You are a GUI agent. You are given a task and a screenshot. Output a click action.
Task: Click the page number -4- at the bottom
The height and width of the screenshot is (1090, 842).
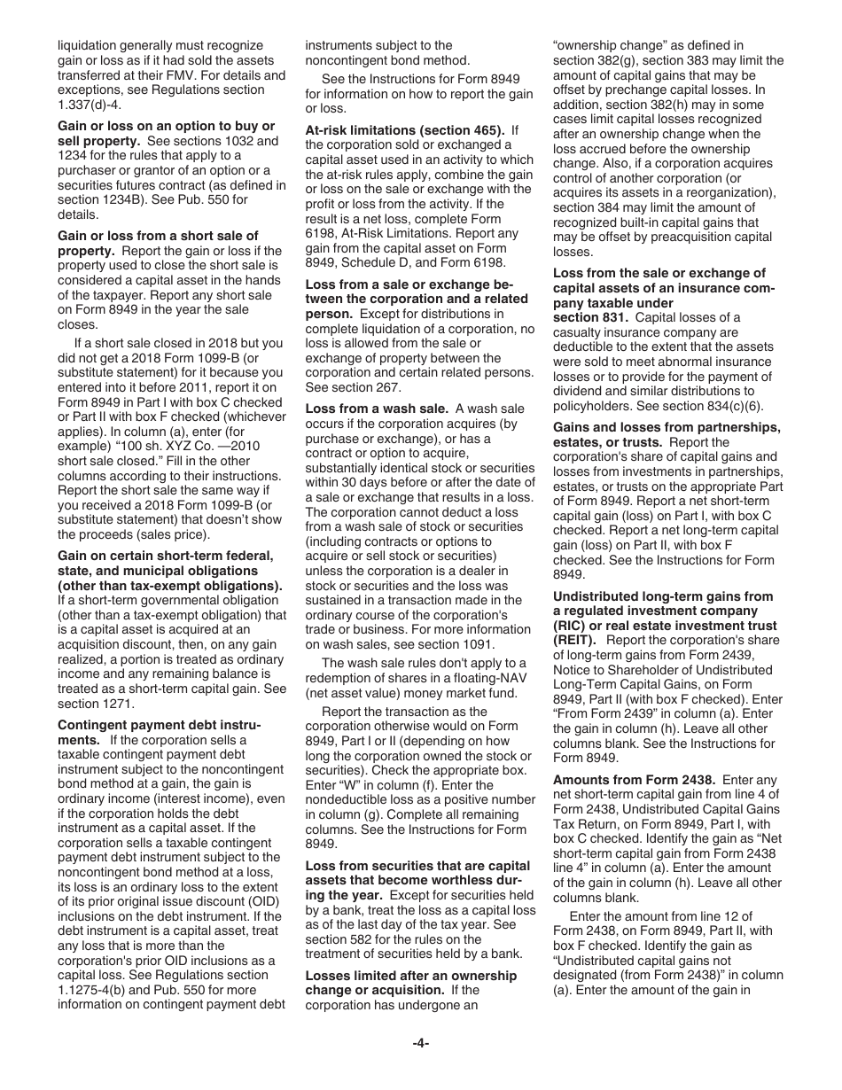point(420,1043)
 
